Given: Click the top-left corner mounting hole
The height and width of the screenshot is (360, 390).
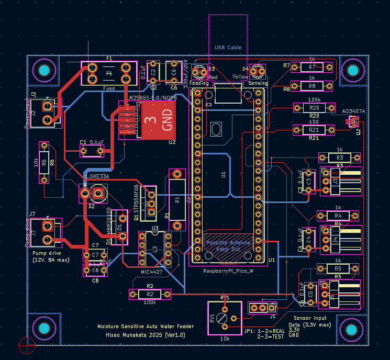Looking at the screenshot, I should [x=44, y=70].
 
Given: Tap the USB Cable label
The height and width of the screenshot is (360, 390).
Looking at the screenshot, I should [x=228, y=48].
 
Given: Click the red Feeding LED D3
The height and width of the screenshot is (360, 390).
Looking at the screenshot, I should [x=199, y=71].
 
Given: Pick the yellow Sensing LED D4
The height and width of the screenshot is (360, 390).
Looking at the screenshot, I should [x=257, y=71].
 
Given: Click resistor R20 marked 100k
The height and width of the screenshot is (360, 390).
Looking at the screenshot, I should [x=314, y=107].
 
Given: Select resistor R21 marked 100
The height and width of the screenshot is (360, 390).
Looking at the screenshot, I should [x=314, y=129].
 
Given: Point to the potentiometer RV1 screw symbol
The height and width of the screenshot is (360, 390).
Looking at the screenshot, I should [x=224, y=317].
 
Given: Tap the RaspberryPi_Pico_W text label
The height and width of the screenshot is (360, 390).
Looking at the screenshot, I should [x=228, y=271].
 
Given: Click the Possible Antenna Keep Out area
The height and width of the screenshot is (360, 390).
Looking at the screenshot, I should [x=228, y=246].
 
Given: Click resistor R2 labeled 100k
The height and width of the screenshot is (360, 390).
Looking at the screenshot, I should [x=150, y=295].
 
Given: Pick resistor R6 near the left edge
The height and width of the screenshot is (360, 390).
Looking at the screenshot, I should [x=44, y=162].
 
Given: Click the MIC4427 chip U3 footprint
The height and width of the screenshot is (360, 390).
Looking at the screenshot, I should [x=155, y=248].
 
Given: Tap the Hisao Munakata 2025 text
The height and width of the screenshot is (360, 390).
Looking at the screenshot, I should [x=141, y=335].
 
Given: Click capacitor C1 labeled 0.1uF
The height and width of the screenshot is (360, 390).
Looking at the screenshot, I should [x=92, y=151].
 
